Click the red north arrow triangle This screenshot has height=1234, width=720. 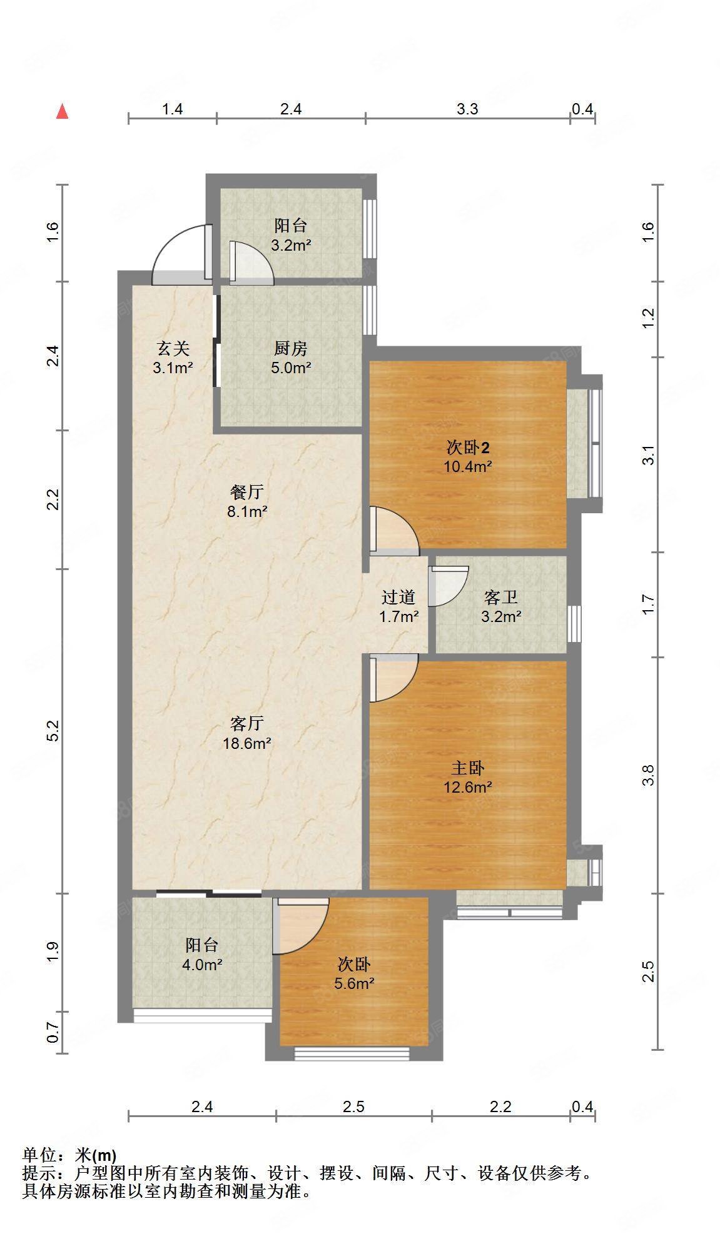[62, 112]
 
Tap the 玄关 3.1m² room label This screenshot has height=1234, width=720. [173, 358]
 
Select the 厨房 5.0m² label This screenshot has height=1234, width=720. [291, 358]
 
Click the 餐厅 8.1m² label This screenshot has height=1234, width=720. [247, 502]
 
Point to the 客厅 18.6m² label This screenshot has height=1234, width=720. [247, 733]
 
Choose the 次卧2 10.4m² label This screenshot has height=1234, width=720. [468, 456]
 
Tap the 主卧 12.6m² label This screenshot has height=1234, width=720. [467, 777]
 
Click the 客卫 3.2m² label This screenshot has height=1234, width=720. [501, 607]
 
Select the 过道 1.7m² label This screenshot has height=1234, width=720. [398, 607]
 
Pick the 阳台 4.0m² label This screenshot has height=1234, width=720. [202, 955]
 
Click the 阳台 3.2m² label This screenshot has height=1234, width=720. [291, 235]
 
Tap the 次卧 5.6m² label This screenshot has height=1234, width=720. [354, 974]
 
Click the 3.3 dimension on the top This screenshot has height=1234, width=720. [467, 109]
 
